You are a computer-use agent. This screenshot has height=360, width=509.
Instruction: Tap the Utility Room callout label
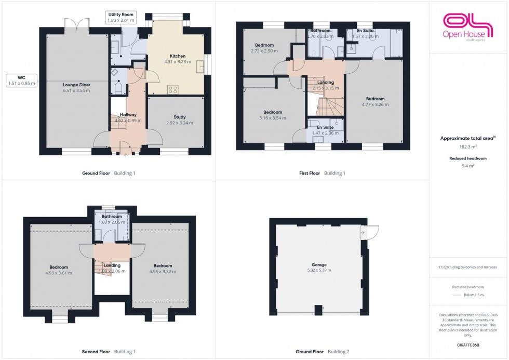[x=120, y=17]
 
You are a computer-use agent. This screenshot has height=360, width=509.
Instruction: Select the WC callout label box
[x=21, y=80]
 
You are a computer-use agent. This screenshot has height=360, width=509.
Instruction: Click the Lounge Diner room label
[x=76, y=84]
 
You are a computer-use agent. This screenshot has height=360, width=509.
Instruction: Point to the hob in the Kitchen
[x=173, y=90]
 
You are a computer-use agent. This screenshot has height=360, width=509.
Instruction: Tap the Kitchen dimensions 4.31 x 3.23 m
[x=177, y=62]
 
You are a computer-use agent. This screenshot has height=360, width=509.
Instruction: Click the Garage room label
[x=318, y=264]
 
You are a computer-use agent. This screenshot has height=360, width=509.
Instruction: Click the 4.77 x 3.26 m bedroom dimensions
[x=375, y=104]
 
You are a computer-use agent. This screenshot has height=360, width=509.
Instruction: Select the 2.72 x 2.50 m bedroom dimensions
[x=264, y=51]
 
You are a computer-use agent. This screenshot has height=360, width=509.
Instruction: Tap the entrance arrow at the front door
[x=126, y=154]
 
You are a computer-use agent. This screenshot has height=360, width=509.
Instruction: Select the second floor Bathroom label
[x=112, y=217]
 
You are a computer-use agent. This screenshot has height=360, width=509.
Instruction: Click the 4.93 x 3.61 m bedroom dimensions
[x=58, y=273]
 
